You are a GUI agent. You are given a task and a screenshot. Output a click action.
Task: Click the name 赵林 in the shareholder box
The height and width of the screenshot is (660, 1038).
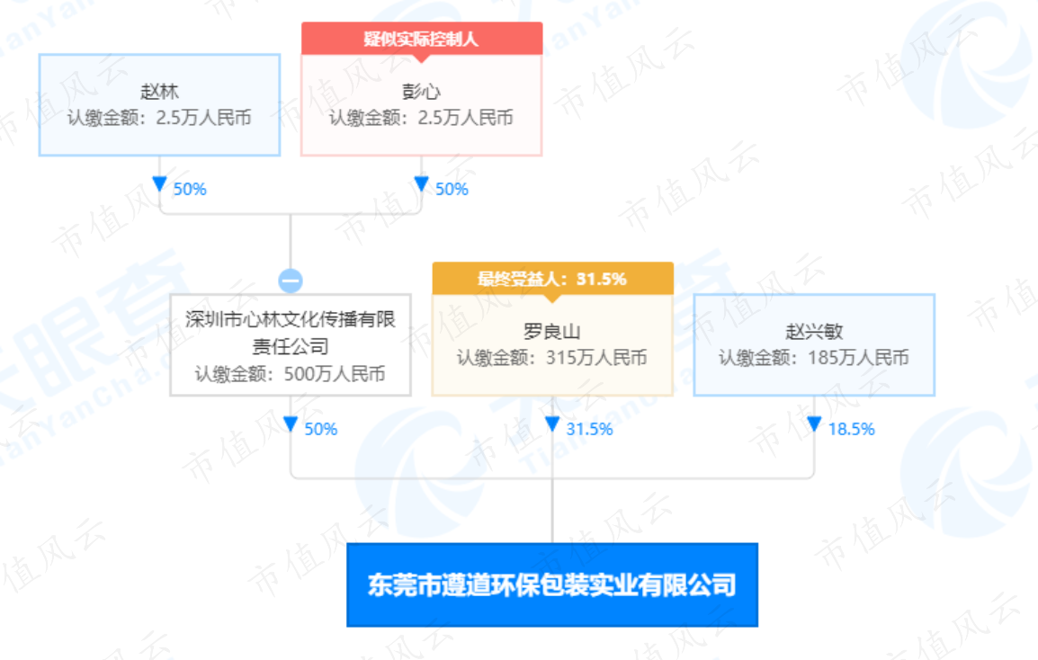(159, 92)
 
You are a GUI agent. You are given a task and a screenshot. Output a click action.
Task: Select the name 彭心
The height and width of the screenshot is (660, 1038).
(422, 92)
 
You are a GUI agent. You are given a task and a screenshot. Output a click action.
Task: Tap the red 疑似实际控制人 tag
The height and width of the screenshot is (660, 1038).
(422, 39)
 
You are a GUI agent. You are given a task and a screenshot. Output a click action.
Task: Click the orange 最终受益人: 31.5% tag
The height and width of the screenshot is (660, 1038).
(553, 279)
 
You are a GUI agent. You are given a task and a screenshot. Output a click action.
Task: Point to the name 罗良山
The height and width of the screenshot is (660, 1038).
(552, 331)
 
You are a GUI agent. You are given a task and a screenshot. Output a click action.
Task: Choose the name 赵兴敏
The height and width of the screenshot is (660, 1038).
(814, 331)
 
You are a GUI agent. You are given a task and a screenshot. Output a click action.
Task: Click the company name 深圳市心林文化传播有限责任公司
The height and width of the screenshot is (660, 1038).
(291, 333)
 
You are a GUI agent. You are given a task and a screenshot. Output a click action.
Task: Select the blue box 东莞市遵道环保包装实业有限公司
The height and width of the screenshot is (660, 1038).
(552, 585)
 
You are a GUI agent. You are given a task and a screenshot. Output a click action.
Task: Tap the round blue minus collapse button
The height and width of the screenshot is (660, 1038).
(291, 281)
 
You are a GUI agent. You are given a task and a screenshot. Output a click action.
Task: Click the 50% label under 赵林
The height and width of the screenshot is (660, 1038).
(190, 190)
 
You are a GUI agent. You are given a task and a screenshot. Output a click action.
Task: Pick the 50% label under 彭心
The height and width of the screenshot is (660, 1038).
(452, 190)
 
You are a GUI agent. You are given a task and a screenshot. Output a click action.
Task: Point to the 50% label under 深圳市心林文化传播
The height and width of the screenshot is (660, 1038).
(321, 429)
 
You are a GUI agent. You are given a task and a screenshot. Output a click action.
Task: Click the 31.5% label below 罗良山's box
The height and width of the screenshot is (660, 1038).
(590, 429)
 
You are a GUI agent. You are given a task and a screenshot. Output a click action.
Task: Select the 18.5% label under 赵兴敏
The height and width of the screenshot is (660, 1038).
(852, 429)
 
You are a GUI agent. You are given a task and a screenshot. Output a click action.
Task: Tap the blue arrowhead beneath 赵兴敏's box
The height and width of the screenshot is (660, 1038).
(814, 424)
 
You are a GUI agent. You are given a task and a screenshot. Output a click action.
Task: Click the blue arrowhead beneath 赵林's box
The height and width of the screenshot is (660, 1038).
(159, 183)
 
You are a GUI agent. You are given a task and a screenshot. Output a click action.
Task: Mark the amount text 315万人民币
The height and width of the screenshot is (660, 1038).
(596, 358)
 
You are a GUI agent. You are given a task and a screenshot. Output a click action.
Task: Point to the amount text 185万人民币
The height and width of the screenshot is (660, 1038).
(859, 358)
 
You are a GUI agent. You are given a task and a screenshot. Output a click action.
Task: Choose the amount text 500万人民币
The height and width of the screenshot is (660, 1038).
(335, 374)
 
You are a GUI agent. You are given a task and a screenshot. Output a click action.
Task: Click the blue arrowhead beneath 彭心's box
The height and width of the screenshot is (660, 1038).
(422, 183)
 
